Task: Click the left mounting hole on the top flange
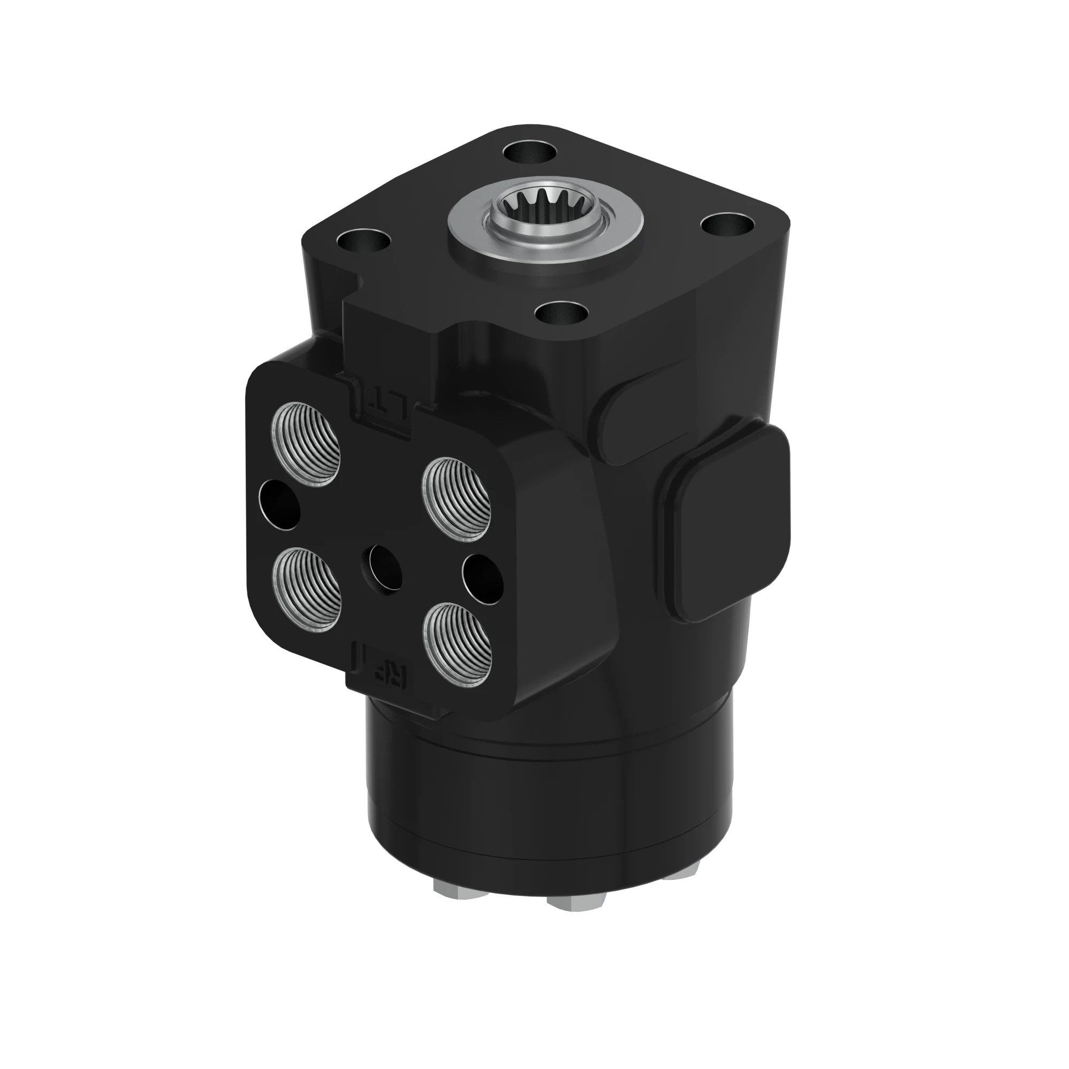363,242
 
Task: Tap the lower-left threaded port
306,588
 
